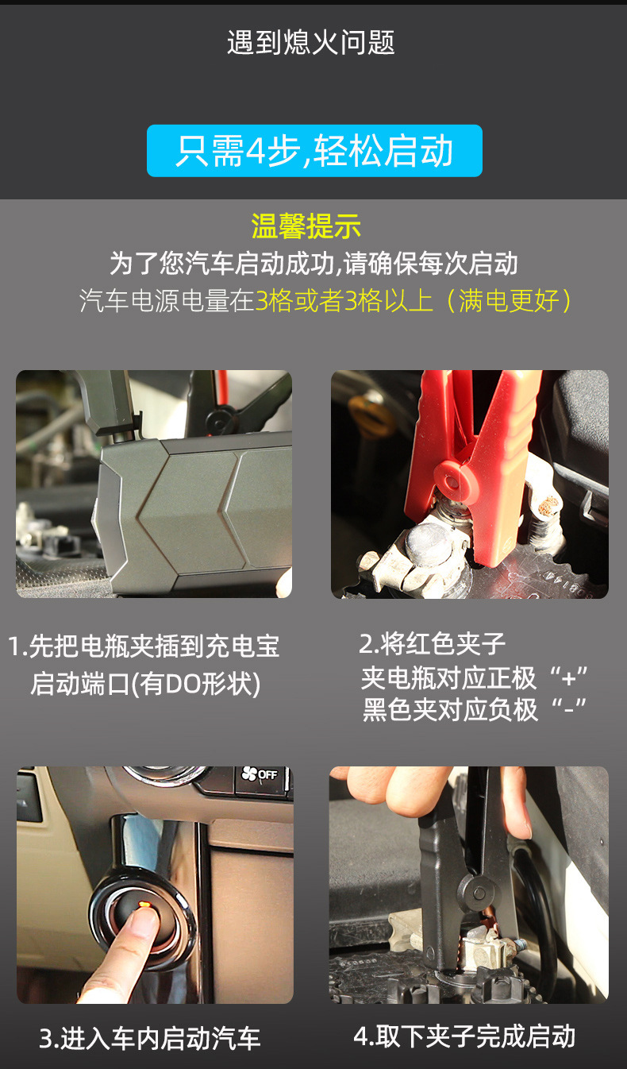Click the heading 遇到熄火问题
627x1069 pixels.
pyautogui.click(x=311, y=42)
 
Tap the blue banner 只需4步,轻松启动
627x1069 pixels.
pyautogui.click(x=314, y=151)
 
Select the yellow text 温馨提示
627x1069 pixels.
pyautogui.click(x=306, y=226)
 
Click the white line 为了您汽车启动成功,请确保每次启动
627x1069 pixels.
pyautogui.click(x=313, y=263)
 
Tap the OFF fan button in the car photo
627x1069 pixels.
pyautogui.click(x=261, y=774)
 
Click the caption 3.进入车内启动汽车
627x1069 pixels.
pyautogui.click(x=150, y=1038)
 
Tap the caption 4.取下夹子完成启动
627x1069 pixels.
pyautogui.click(x=464, y=1036)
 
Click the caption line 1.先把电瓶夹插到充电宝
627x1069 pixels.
pyautogui.click(x=144, y=646)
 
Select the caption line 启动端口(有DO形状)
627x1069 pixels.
pyautogui.click(x=145, y=684)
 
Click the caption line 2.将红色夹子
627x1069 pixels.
pyautogui.click(x=433, y=644)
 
